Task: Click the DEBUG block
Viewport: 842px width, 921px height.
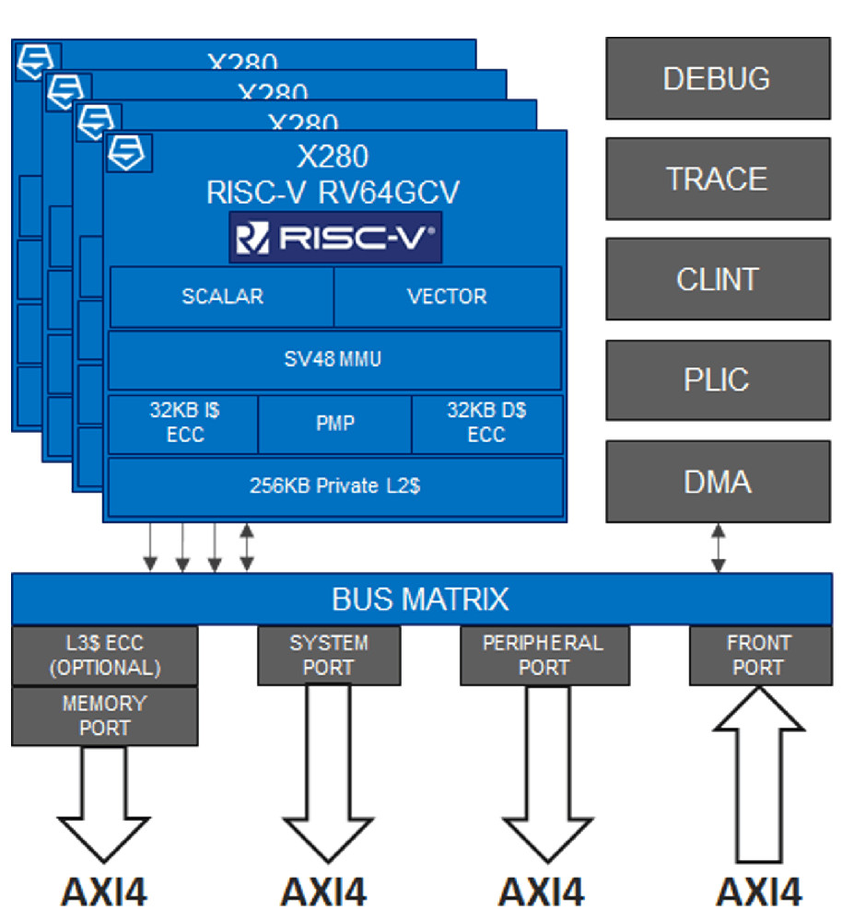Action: (x=718, y=78)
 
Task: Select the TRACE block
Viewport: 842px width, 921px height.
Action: (x=718, y=179)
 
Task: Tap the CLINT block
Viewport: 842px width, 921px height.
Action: (x=718, y=279)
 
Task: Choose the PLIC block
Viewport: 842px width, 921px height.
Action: (x=718, y=379)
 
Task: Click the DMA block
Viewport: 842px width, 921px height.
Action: (x=718, y=481)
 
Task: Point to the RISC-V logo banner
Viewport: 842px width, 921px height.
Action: (x=334, y=238)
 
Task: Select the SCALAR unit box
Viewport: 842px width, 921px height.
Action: (x=222, y=297)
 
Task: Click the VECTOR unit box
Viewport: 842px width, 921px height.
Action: (x=447, y=297)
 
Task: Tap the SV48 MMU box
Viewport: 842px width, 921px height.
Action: (x=334, y=359)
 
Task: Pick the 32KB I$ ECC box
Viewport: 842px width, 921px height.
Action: (x=183, y=424)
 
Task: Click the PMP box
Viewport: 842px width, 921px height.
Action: (x=333, y=424)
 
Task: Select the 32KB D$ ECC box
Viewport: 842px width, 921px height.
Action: (x=486, y=424)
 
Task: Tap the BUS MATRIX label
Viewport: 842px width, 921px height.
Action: (x=420, y=600)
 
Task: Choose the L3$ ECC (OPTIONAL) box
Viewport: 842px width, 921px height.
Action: (x=105, y=655)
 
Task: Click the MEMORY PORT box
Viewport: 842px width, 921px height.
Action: (x=105, y=716)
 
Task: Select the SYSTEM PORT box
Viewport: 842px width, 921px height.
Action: (x=329, y=655)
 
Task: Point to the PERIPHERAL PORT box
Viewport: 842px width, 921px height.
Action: (x=544, y=655)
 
